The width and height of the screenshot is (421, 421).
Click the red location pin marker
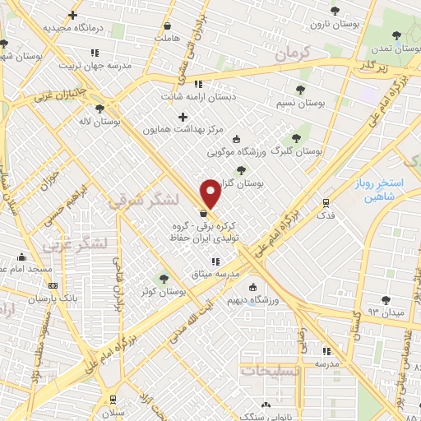211,193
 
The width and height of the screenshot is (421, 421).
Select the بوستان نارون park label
334,23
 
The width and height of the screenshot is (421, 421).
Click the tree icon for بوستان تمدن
397,35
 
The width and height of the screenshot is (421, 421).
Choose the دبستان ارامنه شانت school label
197,95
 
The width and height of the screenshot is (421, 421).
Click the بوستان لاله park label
100,121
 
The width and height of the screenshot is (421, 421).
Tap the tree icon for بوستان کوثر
164,278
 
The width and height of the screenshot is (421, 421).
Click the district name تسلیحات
271,371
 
